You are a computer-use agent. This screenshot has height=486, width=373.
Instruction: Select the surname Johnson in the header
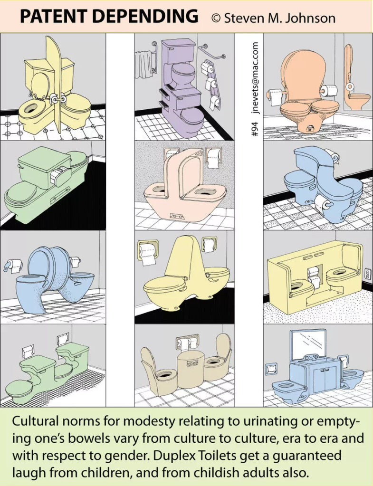[311, 18]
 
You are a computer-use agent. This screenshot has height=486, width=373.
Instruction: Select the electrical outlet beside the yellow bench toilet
[366, 274]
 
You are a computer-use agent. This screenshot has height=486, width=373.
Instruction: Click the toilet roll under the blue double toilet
[323, 205]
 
